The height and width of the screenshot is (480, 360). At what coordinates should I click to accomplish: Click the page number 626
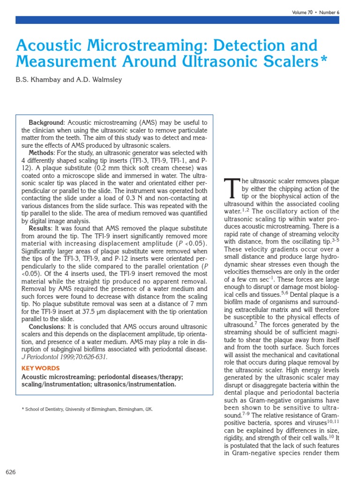pos(10,472)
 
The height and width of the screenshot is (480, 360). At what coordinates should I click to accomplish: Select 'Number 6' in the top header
pos(329,13)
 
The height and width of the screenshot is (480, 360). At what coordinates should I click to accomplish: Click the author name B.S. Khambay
pos(37,80)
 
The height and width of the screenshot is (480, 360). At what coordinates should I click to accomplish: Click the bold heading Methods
pos(41,153)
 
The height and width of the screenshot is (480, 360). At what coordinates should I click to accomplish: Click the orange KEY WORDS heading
pos(41,368)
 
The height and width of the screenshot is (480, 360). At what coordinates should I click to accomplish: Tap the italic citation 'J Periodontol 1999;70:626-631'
pos(64,357)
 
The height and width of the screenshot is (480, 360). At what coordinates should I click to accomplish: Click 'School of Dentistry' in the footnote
pos(45,409)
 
